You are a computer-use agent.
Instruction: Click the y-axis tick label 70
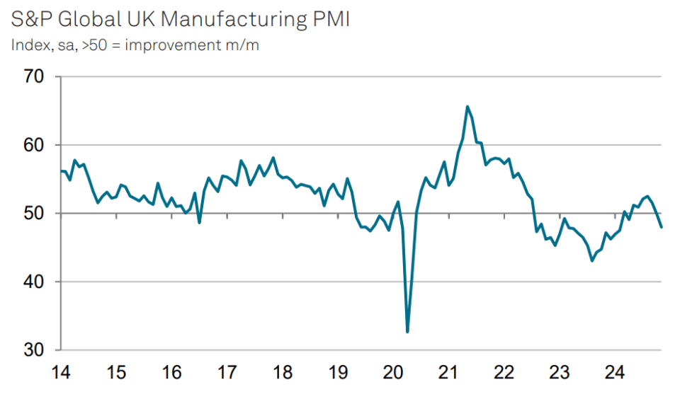pos(34,76)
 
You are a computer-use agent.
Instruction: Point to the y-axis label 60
pos(34,145)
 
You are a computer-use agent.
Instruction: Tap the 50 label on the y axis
pos(34,214)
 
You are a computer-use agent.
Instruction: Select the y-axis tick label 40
pos(34,282)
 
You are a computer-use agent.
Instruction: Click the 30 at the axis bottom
pos(34,350)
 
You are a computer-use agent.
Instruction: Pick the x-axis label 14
pos(61,373)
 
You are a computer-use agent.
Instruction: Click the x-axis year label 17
pos(227,373)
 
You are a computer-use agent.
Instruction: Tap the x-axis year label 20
pos(393,373)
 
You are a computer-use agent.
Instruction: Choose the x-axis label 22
pos(504,373)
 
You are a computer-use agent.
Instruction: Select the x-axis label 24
pos(615,373)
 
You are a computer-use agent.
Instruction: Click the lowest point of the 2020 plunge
pos(407,332)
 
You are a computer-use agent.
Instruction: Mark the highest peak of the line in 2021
pos(467,107)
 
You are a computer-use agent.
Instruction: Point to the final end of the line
pos(662,227)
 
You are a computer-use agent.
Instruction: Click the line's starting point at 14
pos(61,171)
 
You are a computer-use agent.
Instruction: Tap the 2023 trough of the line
pos(592,261)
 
